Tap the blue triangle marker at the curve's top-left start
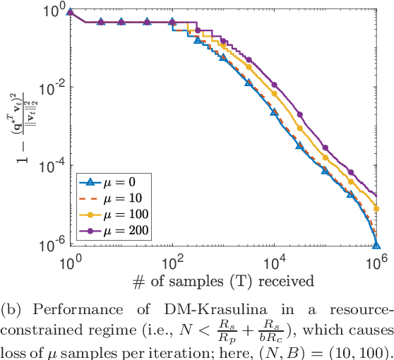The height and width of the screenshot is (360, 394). click(70, 13)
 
